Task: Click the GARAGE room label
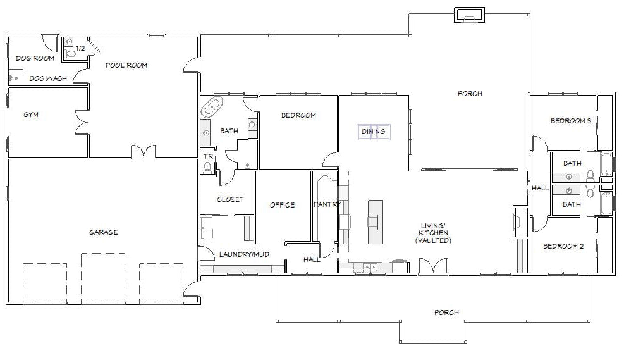(104, 232)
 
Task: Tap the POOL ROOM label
(126, 65)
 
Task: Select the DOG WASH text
(48, 78)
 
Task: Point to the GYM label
(31, 115)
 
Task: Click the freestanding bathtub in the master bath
(212, 107)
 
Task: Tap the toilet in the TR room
(207, 167)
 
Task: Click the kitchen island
(376, 222)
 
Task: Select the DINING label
(373, 132)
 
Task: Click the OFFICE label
(282, 205)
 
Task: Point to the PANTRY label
(327, 204)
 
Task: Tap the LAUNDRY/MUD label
(244, 254)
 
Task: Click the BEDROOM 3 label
(571, 121)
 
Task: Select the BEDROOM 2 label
(563, 246)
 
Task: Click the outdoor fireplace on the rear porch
(470, 15)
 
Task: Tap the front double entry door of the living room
(433, 266)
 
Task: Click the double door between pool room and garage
(144, 151)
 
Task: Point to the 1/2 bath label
(80, 48)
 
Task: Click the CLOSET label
(230, 199)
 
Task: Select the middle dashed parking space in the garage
(103, 278)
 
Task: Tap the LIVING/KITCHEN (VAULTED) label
(433, 233)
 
